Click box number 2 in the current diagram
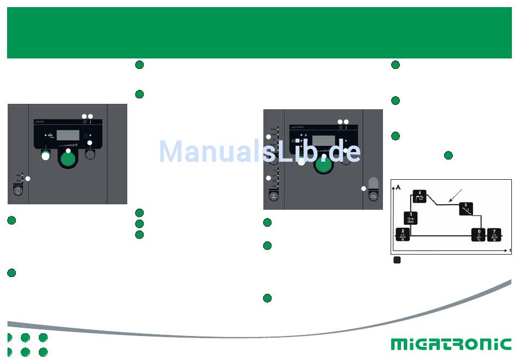[403, 234]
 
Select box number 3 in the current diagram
[411, 217]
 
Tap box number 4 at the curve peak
[420, 196]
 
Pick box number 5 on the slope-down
[465, 209]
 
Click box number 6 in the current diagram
[479, 235]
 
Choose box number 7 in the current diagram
[494, 235]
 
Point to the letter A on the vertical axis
[398, 187]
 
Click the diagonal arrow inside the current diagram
[457, 196]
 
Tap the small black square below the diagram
[397, 260]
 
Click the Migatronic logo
[451, 344]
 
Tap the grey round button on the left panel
[91, 155]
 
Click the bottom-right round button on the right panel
[374, 195]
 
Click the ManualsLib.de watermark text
[259, 151]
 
